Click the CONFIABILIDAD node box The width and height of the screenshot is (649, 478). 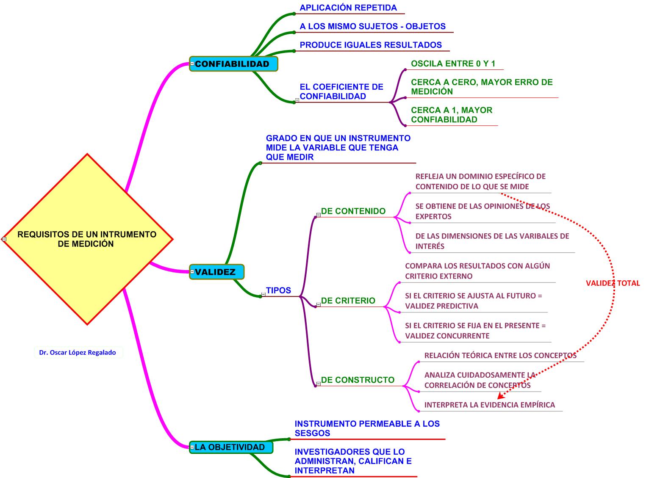(x=233, y=64)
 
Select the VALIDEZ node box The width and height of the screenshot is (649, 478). (x=217, y=272)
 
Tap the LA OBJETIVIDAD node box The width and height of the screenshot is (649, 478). (x=231, y=447)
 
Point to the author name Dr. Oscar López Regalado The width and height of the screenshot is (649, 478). (x=78, y=352)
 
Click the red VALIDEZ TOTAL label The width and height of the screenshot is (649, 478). (x=613, y=283)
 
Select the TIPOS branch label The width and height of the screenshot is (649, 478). (x=278, y=290)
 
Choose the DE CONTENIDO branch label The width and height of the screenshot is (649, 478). (x=353, y=211)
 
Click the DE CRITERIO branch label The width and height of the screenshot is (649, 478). (x=348, y=301)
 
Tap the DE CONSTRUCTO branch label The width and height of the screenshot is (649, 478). (x=358, y=380)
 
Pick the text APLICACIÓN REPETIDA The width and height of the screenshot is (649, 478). (x=348, y=8)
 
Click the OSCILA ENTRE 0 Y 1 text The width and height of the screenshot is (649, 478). (x=453, y=64)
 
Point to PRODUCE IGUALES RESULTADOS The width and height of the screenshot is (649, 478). (x=371, y=45)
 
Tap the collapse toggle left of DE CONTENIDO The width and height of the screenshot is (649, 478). (x=319, y=215)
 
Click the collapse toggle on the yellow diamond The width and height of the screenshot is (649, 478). (x=4, y=239)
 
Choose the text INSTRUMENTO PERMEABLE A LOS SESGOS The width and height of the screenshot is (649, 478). (x=367, y=428)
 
